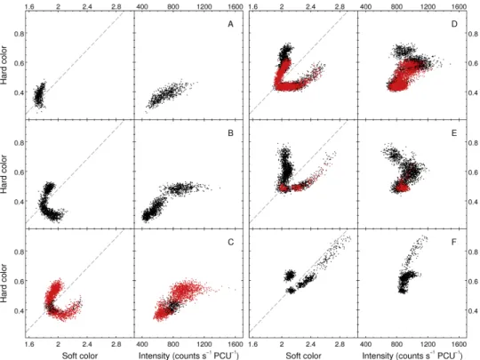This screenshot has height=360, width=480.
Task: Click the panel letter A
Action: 230,24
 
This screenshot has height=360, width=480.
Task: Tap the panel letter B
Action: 230,133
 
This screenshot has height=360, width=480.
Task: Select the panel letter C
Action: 230,242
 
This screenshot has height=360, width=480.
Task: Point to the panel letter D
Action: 454,24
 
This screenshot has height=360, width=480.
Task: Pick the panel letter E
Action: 454,133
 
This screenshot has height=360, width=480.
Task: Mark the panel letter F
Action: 454,242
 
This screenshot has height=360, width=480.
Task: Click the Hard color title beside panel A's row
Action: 4,65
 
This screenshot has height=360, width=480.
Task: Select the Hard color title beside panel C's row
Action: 4,284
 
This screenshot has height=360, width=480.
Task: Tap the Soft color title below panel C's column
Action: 80,356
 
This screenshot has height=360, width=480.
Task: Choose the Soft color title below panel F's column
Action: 303,356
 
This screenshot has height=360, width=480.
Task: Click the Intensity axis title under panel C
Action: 188,356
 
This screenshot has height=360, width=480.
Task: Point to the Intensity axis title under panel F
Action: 412,356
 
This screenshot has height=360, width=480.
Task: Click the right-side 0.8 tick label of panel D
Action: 473,34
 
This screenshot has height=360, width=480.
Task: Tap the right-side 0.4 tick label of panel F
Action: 473,311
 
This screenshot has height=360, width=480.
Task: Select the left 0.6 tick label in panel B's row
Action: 19,172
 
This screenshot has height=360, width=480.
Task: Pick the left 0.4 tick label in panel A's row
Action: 19,92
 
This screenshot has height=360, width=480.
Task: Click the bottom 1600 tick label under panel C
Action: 235,344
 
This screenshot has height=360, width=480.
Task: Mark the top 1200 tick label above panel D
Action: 428,6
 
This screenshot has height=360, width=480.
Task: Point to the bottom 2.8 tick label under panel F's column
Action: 340,344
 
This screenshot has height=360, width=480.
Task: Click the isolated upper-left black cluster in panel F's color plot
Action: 289,276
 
